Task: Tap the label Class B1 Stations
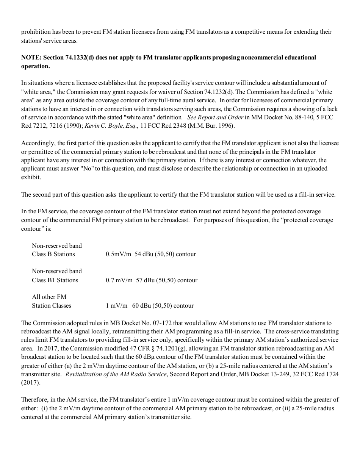click(55, 280)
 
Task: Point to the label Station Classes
click(52, 306)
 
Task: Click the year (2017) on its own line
click(30, 383)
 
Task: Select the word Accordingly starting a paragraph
click(38, 143)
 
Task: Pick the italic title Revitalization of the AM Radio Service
click(116, 374)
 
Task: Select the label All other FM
click(49, 297)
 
